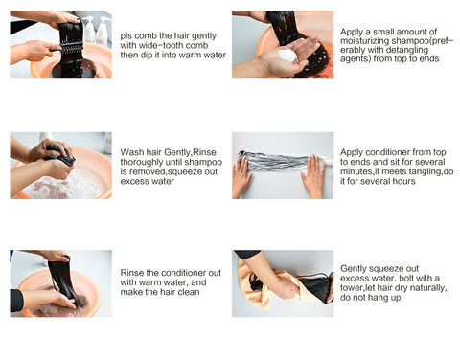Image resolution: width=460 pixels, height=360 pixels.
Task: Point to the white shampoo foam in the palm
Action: pyautogui.click(x=287, y=55)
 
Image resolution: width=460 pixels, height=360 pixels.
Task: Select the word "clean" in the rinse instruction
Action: pyautogui.click(x=189, y=292)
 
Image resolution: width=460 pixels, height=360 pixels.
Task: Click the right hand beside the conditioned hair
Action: pyautogui.click(x=313, y=176)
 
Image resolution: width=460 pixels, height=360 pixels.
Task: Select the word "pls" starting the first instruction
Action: pyautogui.click(x=126, y=36)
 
